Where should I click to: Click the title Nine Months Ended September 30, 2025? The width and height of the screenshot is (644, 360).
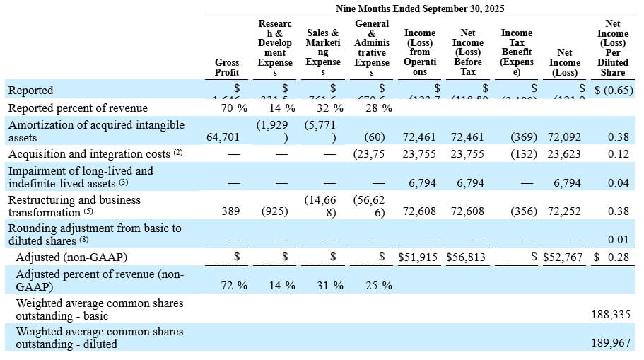coord(420,8)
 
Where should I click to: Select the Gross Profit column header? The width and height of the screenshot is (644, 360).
coord(227,67)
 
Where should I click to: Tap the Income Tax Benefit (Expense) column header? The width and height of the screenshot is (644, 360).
coord(516,52)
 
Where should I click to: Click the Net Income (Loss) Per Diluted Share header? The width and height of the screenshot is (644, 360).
coord(612,48)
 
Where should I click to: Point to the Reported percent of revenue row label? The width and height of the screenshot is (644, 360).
coord(78,108)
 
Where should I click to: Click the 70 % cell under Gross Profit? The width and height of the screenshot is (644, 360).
coord(233,108)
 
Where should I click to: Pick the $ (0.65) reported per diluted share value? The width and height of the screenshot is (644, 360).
coord(611,91)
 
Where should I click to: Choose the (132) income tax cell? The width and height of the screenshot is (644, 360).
coord(524,154)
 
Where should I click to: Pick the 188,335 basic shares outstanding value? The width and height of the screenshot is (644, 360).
coord(611,315)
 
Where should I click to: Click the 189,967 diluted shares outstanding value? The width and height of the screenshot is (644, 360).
coord(611,344)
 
